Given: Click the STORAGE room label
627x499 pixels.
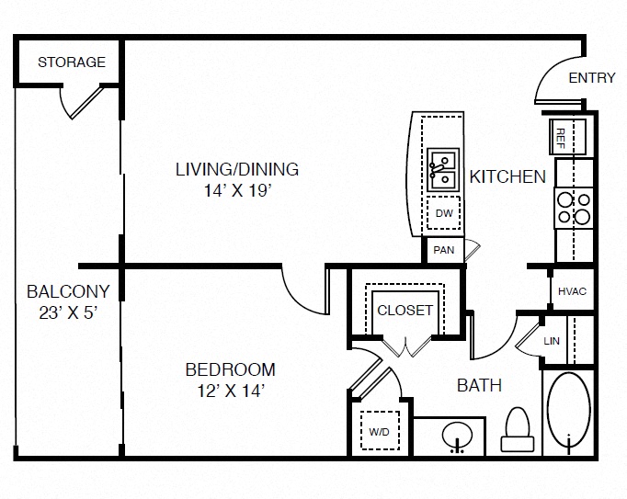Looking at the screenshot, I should tap(71, 62).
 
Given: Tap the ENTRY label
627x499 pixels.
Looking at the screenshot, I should tap(591, 78).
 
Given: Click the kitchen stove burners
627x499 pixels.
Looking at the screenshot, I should tap(573, 209).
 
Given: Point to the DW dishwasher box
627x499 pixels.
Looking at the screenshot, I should tap(444, 213).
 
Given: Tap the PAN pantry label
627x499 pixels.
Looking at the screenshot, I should tap(442, 249).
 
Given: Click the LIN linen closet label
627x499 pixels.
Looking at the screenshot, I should tap(552, 340).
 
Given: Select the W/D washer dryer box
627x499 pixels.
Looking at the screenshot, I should tap(378, 430).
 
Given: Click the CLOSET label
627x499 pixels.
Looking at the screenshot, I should tap(405, 310).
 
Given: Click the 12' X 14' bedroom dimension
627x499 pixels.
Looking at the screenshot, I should tap(231, 391).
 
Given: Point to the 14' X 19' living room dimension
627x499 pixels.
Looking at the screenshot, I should tap(238, 191).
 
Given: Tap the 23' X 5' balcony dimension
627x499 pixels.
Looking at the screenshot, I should tap(67, 312).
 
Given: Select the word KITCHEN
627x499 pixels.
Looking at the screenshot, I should tap(507, 176).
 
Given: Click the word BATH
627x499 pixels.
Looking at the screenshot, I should tap(480, 385).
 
